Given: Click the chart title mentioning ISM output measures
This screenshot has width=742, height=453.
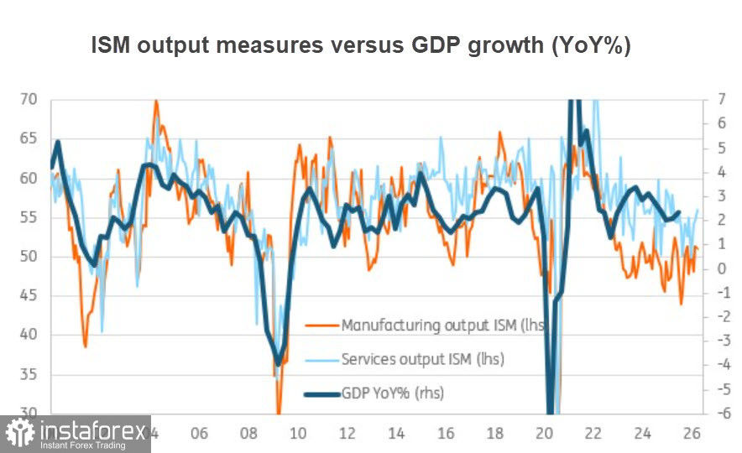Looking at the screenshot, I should pyautogui.click(x=360, y=47).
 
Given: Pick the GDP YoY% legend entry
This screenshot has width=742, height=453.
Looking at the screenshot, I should pyautogui.click(x=393, y=393).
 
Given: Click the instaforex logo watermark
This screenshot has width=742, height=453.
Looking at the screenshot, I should pyautogui.click(x=76, y=434).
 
